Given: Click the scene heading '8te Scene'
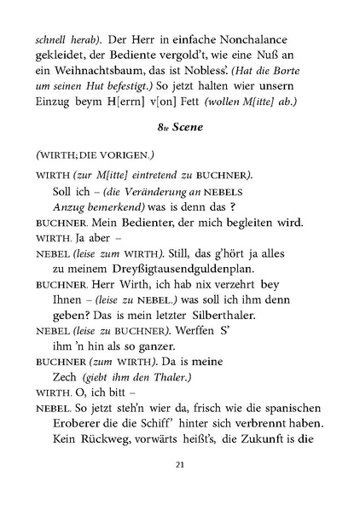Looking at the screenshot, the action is click(179, 125).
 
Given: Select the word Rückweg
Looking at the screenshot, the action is click(102, 440).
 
